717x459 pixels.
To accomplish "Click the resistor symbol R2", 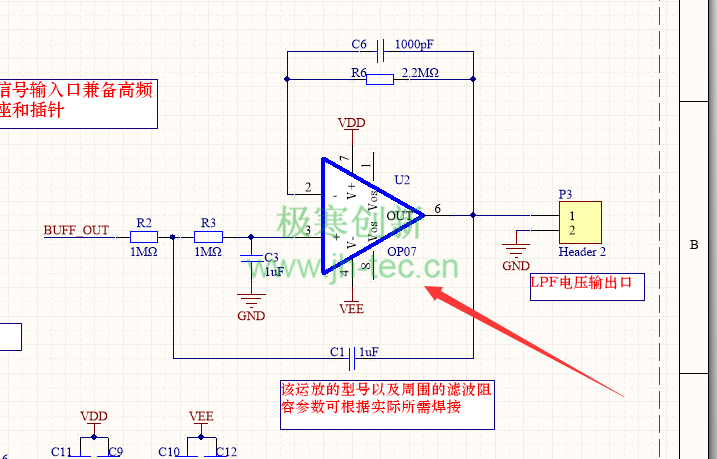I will pyautogui.click(x=144, y=237).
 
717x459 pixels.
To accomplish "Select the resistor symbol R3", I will pyautogui.click(x=207, y=237).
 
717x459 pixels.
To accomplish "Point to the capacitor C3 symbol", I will pyautogui.click(x=251, y=261).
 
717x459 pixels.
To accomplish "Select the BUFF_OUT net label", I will pyautogui.click(x=76, y=230).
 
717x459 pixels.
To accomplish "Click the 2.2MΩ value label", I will pyautogui.click(x=420, y=73).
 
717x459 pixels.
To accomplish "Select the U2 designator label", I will pyautogui.click(x=402, y=180).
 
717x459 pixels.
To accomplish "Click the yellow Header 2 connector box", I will pyautogui.click(x=578, y=222).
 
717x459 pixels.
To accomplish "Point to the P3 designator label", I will pyautogui.click(x=566, y=194).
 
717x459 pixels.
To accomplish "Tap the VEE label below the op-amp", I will pyautogui.click(x=352, y=309).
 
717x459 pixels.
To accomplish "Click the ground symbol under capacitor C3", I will pyautogui.click(x=250, y=299).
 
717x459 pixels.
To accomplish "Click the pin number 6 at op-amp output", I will pyautogui.click(x=438, y=208).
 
